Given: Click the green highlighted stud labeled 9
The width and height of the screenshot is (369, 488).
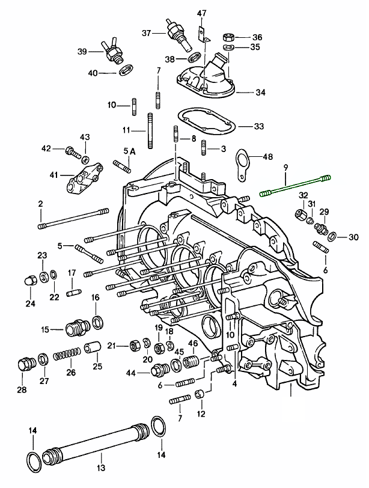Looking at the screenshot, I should point(295,186).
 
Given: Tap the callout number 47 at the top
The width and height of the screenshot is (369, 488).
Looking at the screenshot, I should point(201,13).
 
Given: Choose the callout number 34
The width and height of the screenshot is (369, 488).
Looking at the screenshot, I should point(260,93).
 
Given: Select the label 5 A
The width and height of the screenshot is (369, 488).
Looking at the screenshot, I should point(130,151).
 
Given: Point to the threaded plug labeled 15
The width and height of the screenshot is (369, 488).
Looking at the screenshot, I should point(76,328).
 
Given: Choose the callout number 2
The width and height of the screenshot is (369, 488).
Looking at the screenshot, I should point(41,204).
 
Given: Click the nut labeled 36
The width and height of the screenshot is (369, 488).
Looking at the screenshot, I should point(229,35).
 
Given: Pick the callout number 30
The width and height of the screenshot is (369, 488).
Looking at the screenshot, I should point(353,236).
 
